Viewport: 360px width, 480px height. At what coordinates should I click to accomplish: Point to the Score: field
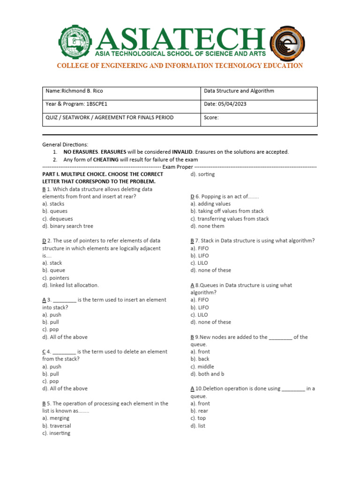(212, 117)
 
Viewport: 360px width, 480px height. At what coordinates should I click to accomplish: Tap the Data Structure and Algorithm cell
(239, 91)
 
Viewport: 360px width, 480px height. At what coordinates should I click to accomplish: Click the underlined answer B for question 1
(44, 189)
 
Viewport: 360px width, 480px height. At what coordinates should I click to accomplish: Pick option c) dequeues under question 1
(58, 218)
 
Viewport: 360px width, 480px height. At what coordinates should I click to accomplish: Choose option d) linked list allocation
(70, 285)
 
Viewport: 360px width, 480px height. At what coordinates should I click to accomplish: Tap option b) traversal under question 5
(57, 426)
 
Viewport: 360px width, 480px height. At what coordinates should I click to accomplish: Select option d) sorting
(202, 174)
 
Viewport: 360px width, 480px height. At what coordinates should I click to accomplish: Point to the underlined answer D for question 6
(192, 196)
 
